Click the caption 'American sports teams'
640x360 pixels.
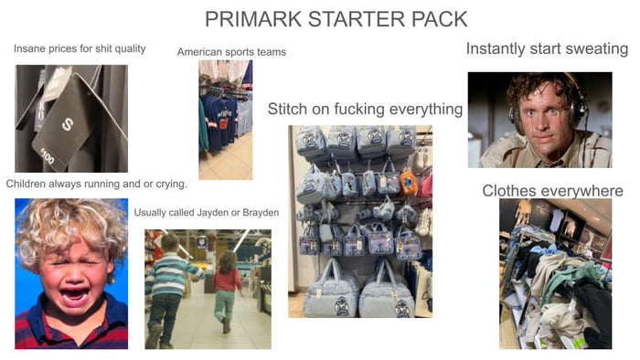(x=231, y=52)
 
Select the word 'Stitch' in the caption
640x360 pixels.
(x=287, y=110)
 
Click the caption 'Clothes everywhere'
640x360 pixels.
(x=552, y=191)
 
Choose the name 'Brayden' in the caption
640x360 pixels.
(x=261, y=212)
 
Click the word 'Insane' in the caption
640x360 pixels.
(x=30, y=48)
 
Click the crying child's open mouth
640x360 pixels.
(x=73, y=294)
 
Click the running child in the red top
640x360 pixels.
(x=225, y=288)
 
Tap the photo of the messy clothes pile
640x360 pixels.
(x=555, y=274)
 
